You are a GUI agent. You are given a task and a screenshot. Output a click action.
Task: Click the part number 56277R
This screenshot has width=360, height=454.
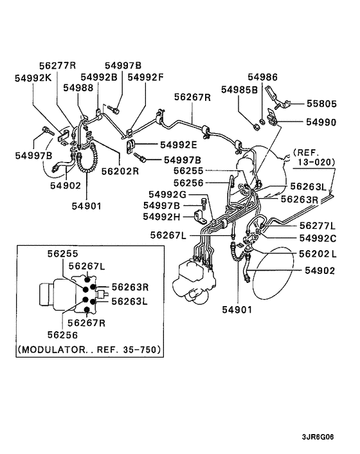pos(59,66)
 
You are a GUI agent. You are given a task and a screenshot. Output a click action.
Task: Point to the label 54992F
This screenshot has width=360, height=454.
pos(145,78)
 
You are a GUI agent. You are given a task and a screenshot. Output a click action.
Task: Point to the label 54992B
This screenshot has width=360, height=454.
pos(100,78)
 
